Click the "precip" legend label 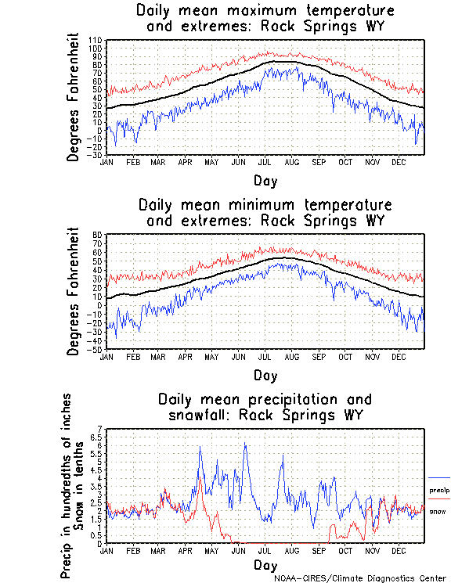(439, 490)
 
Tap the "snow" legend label (438, 511)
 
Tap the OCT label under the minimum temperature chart (345, 356)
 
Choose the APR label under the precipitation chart (185, 550)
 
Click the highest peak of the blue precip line (245, 444)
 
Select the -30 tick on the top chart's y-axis (95, 155)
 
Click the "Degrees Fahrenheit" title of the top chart (74, 96)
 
